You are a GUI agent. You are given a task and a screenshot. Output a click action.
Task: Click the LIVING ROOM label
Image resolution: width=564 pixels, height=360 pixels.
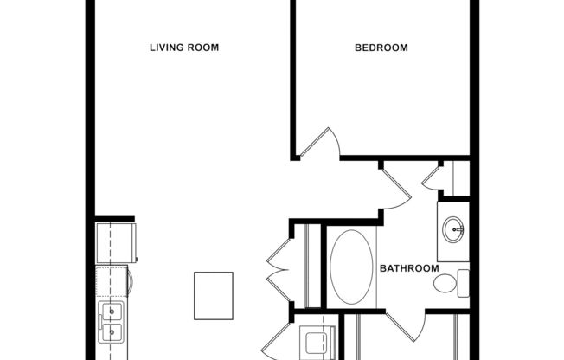[183, 48]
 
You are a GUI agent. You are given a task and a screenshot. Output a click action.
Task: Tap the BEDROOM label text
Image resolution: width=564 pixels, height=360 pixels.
[381, 48]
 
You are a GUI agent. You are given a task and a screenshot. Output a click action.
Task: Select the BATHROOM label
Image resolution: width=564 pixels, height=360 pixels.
[409, 268]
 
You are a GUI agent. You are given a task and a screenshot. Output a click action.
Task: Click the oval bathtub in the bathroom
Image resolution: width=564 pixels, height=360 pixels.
[350, 267]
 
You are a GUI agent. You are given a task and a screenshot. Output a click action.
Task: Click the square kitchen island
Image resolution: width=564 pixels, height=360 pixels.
[214, 295]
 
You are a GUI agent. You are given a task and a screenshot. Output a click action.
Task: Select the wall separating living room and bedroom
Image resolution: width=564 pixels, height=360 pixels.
[293, 78]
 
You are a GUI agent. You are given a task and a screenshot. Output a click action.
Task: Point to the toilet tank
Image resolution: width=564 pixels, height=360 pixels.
[463, 283]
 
